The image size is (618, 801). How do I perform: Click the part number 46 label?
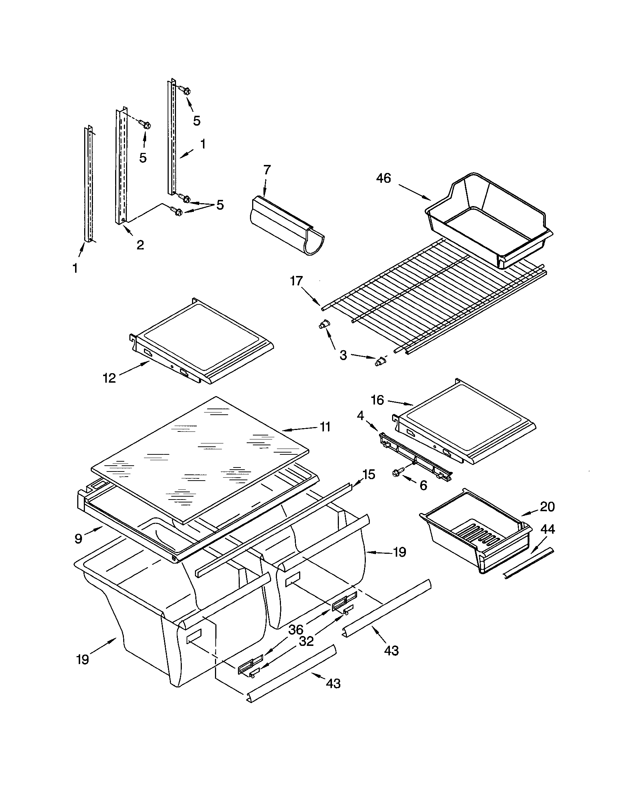tap(383, 179)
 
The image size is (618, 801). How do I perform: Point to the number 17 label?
tap(296, 281)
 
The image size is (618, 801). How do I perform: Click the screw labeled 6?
tap(398, 473)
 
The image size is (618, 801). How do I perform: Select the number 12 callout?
tap(109, 378)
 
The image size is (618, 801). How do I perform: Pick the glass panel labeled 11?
tap(200, 458)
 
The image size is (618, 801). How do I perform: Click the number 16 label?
tap(377, 400)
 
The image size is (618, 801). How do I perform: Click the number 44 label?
tap(548, 529)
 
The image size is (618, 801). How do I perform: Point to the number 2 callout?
tap(140, 245)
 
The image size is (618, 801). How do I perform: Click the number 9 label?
tap(79, 538)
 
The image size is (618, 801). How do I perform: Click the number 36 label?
tap(296, 630)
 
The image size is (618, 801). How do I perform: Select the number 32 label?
tap(306, 642)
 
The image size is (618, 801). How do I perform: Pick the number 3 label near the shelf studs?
tap(343, 355)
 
